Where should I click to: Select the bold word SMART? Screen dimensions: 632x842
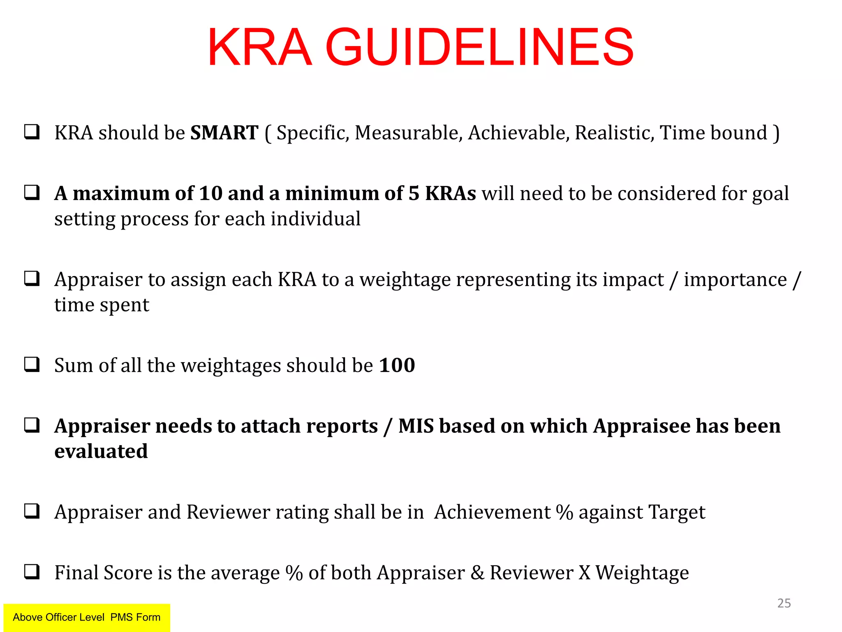[224, 133]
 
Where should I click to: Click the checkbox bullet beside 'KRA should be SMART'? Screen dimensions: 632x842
[32, 132]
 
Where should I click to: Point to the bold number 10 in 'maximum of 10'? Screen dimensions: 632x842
[210, 193]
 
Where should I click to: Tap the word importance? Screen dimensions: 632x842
[735, 280]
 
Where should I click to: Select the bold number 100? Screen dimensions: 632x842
[397, 365]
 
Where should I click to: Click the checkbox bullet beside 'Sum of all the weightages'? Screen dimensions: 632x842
[32, 364]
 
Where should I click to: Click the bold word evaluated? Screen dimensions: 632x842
[101, 451]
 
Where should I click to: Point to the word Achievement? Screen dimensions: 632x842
[492, 512]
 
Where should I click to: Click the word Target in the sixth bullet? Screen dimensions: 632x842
[677, 512]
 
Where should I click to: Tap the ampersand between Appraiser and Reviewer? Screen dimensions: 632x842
[477, 573]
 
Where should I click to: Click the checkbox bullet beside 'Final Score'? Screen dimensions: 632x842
[32, 572]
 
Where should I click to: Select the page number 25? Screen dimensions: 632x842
[784, 603]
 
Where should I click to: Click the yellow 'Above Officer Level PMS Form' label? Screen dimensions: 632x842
[87, 617]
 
